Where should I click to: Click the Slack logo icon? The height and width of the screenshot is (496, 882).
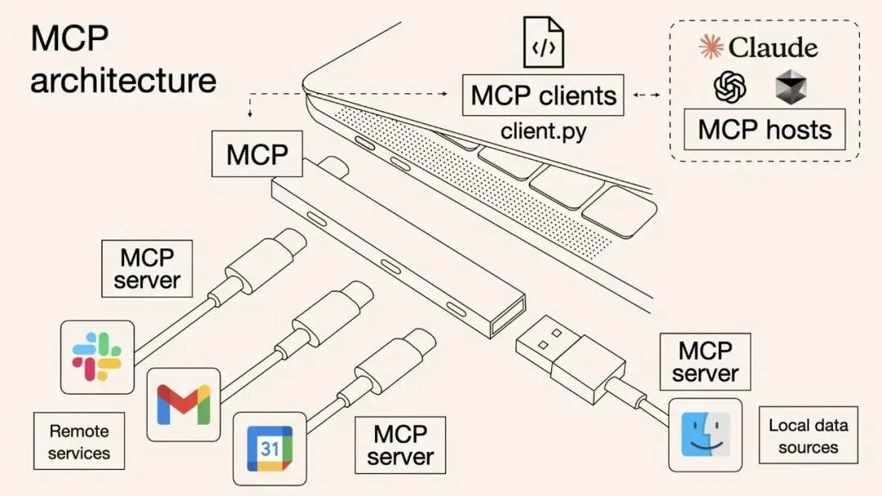tap(97, 357)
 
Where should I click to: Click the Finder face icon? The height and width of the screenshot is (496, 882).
tap(705, 435)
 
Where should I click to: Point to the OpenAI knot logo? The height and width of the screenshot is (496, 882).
tap(730, 87)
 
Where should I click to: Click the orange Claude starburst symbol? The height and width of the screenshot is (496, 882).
tap(711, 47)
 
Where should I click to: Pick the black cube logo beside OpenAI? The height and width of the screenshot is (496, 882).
tap(791, 87)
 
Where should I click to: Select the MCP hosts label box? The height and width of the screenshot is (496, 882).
tap(764, 130)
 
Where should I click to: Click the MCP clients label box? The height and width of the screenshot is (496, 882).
tap(543, 96)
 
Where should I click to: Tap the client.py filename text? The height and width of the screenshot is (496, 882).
tap(543, 131)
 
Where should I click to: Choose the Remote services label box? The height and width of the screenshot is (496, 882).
tap(78, 441)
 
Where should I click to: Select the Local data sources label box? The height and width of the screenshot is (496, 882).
tap(808, 436)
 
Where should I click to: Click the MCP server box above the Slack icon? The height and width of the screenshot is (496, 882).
tap(147, 269)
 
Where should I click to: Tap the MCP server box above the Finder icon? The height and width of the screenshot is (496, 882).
tap(705, 362)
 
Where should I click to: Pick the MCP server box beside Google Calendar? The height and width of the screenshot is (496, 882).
tap(400, 445)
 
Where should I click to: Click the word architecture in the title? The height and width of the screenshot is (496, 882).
tap(123, 80)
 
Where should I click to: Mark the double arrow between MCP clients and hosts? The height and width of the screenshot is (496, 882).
tap(647, 96)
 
